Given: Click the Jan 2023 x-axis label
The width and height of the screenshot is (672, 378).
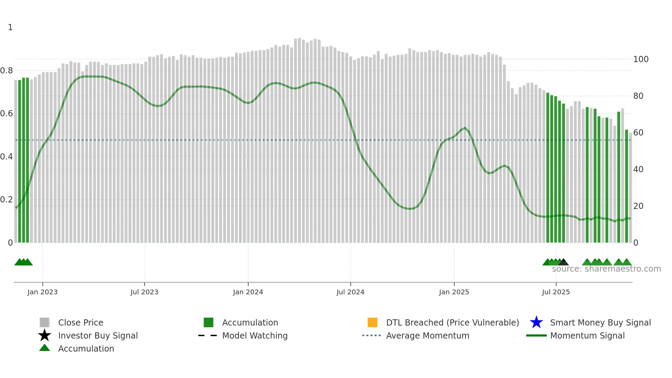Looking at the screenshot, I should pyautogui.click(x=43, y=292).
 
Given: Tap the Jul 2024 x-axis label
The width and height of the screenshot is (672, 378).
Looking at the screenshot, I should pyautogui.click(x=350, y=292).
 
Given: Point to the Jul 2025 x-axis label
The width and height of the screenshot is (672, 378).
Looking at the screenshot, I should pyautogui.click(x=556, y=292).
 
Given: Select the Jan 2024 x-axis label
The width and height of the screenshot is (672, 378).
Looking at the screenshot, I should pyautogui.click(x=248, y=292).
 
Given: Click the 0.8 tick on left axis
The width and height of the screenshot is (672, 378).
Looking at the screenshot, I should pyautogui.click(x=7, y=71).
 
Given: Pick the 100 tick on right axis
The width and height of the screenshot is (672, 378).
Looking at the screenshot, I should pyautogui.click(x=641, y=59).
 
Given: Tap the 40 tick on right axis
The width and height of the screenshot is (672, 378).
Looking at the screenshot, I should pyautogui.click(x=638, y=169).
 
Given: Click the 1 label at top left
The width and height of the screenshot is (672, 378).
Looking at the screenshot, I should pyautogui.click(x=10, y=27).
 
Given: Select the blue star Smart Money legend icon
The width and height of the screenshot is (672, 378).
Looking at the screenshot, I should pyautogui.click(x=536, y=322).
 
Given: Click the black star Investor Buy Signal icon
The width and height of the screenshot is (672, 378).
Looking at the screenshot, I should pyautogui.click(x=45, y=335).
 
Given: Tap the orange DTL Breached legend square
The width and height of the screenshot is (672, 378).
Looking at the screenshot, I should pyautogui.click(x=372, y=322).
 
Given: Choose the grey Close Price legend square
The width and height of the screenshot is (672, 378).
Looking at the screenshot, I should pyautogui.click(x=45, y=322).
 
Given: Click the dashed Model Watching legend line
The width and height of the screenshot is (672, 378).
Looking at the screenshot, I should pyautogui.click(x=208, y=335).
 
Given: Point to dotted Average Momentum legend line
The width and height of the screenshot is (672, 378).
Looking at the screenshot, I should pyautogui.click(x=372, y=335).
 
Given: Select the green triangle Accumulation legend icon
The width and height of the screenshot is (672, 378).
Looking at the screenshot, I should pyautogui.click(x=45, y=348).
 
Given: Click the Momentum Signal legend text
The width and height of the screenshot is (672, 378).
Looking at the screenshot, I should pyautogui.click(x=587, y=335).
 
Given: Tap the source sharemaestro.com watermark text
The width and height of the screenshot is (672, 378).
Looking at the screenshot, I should pyautogui.click(x=606, y=269).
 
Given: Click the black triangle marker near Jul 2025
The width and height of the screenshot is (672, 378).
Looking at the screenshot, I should pyautogui.click(x=563, y=262).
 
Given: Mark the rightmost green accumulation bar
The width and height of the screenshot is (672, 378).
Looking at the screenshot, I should pyautogui.click(x=626, y=185).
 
